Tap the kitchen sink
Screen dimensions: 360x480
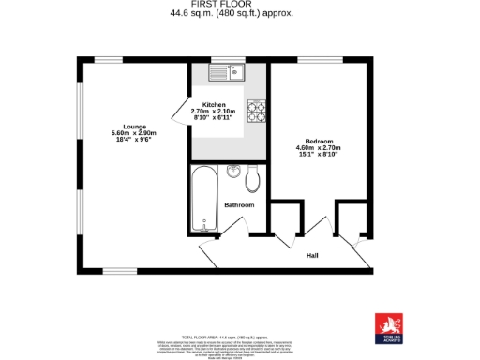(227, 71)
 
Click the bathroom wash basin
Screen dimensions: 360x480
(234, 171)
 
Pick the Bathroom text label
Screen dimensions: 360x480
(238, 204)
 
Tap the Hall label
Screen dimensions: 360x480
(312, 254)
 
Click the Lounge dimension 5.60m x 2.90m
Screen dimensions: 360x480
(132, 133)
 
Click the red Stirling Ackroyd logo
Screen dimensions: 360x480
(387, 322)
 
